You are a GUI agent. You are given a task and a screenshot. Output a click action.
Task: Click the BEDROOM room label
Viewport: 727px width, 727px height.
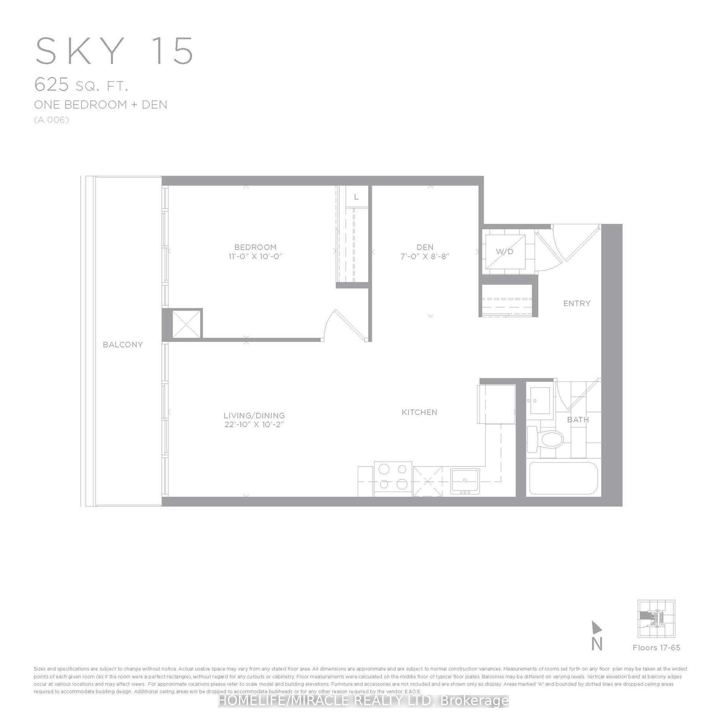(255, 247)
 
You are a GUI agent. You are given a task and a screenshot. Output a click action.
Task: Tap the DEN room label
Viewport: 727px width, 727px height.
(425, 247)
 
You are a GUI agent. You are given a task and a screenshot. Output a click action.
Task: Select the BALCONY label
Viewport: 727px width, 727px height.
(123, 344)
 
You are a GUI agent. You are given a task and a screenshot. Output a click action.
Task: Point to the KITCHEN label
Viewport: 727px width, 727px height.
(419, 412)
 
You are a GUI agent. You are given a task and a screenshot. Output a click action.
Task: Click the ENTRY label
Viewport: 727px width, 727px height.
(577, 303)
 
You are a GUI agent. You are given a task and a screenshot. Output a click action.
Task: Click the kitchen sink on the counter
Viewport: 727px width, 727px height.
(465, 480)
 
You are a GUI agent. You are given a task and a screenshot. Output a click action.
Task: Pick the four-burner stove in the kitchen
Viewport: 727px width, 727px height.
(393, 476)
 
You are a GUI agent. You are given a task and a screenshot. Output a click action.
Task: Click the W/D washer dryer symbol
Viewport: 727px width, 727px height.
(505, 251)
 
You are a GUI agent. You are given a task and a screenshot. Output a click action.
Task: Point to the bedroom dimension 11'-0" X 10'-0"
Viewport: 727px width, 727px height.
(255, 256)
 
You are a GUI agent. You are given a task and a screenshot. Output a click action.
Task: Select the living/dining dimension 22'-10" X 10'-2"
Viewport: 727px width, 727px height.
(254, 424)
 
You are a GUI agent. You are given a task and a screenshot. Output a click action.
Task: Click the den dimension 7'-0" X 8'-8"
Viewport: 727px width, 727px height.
(425, 256)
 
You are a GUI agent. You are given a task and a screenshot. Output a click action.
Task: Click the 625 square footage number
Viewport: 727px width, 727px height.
(52, 85)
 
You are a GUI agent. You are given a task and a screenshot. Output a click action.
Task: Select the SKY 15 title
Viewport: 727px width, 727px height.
(114, 51)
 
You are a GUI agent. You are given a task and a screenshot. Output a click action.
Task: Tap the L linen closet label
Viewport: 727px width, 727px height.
(356, 197)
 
